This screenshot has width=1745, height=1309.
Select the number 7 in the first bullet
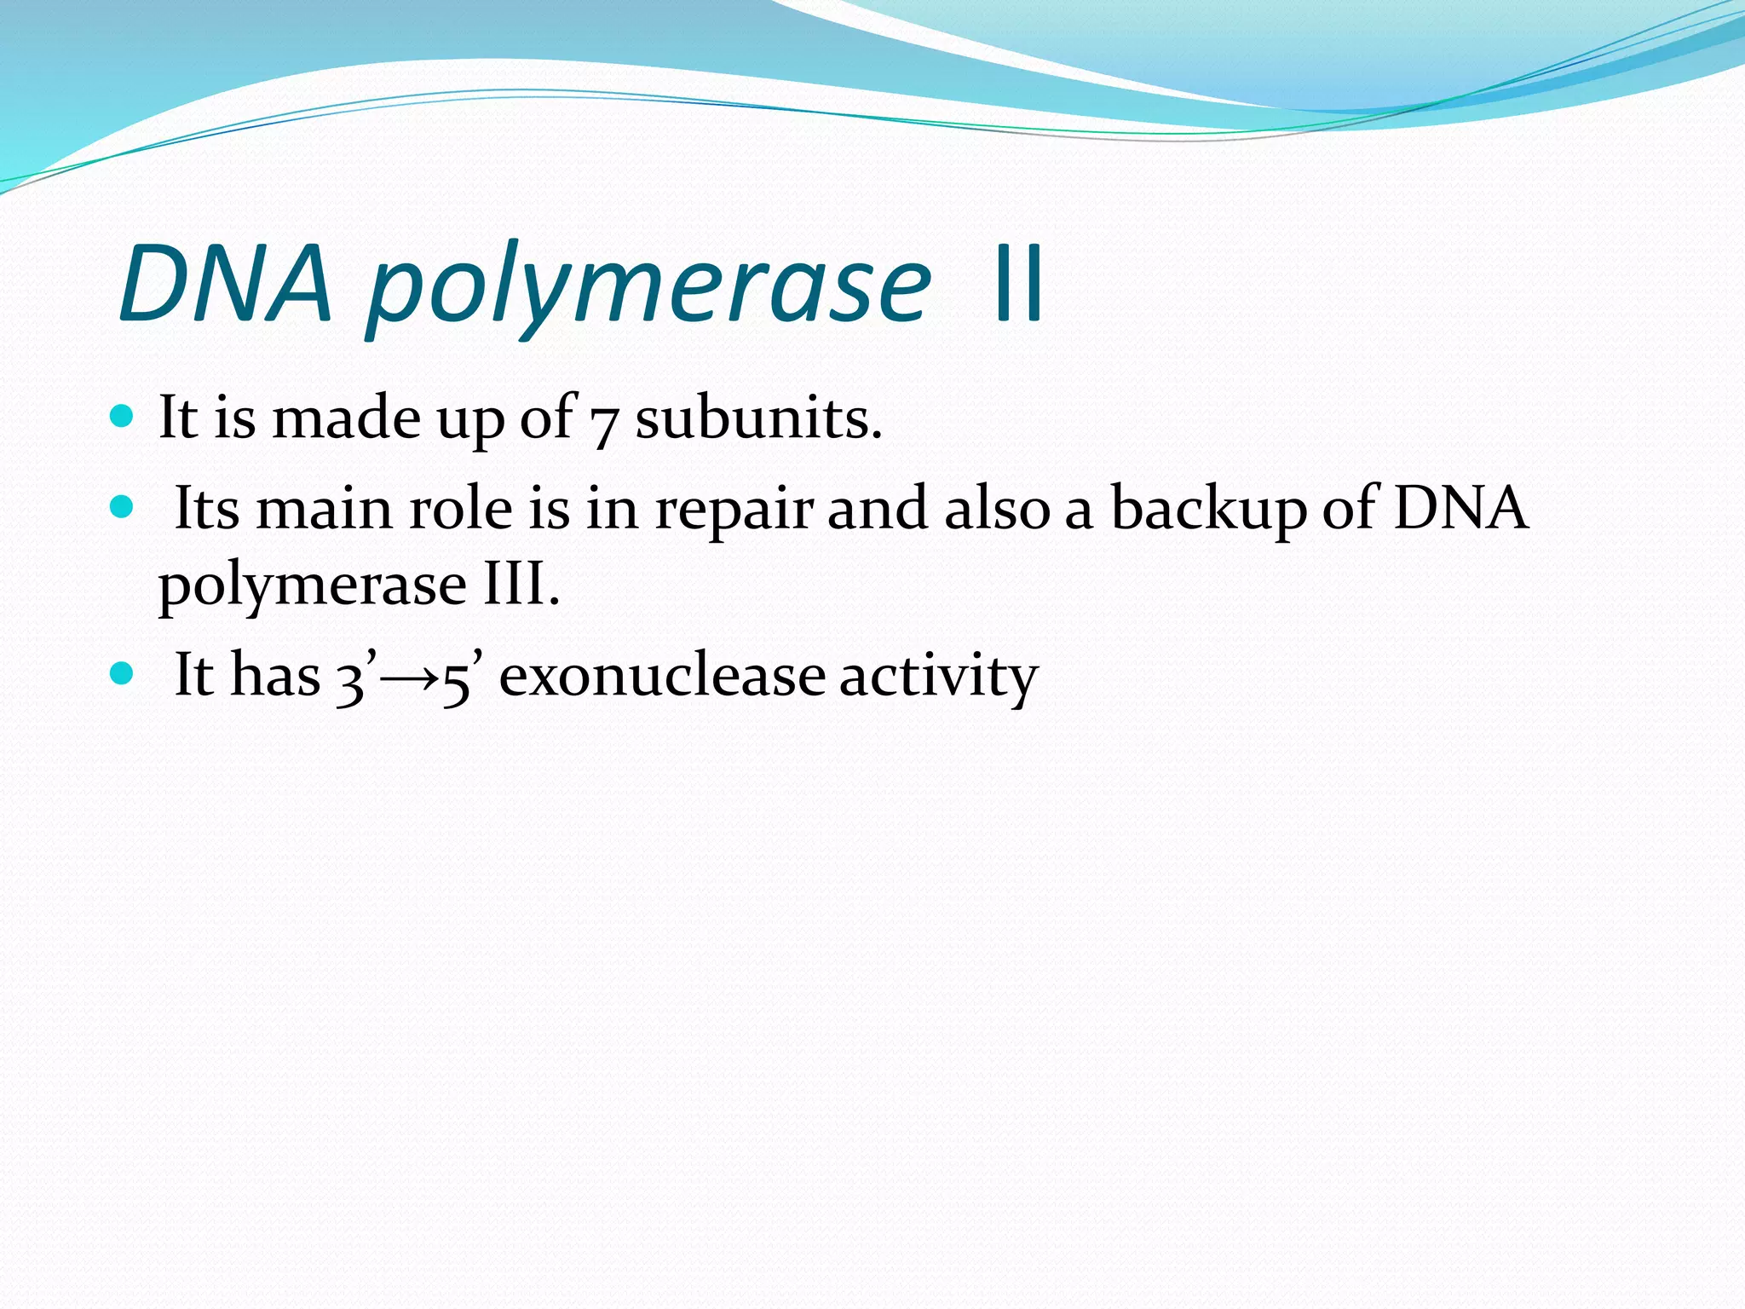(x=603, y=423)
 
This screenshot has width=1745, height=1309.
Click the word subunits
(x=758, y=418)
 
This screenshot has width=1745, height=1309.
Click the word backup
(x=1208, y=510)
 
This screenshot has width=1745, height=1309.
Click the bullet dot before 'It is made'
(x=123, y=416)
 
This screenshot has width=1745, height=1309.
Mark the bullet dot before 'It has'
(x=123, y=674)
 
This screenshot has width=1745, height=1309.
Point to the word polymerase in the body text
(x=312, y=587)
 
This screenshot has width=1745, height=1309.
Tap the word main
(x=325, y=509)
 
